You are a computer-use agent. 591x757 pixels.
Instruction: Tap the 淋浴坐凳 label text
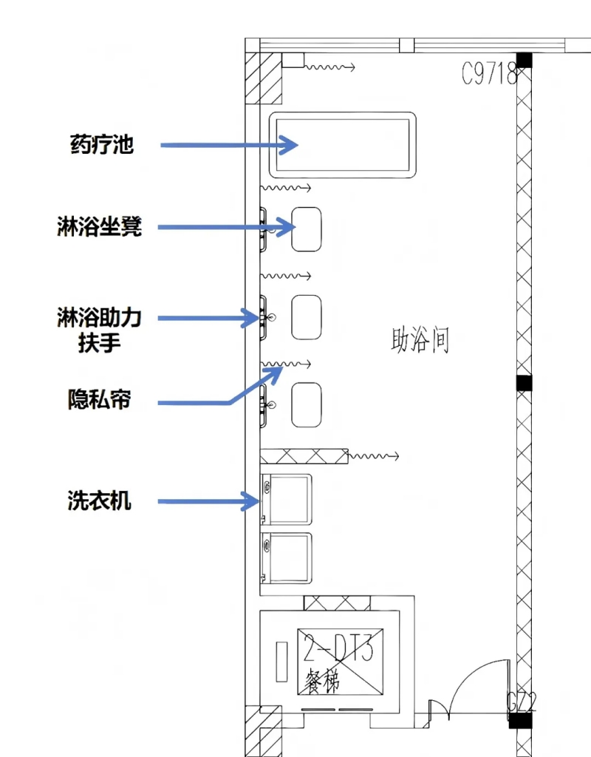[99, 227]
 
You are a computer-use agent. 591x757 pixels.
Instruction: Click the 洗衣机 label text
[99, 501]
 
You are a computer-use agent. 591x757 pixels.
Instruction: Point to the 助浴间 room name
[420, 342]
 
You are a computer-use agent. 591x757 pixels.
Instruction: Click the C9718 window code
[489, 74]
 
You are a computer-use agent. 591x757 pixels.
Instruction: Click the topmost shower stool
[307, 228]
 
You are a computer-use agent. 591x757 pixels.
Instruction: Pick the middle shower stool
[307, 317]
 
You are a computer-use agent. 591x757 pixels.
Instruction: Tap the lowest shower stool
[307, 404]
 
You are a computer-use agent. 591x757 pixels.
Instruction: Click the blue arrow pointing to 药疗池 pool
[229, 146]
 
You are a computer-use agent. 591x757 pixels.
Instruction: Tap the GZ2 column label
[521, 702]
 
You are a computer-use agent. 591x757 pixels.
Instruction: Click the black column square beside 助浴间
[524, 383]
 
